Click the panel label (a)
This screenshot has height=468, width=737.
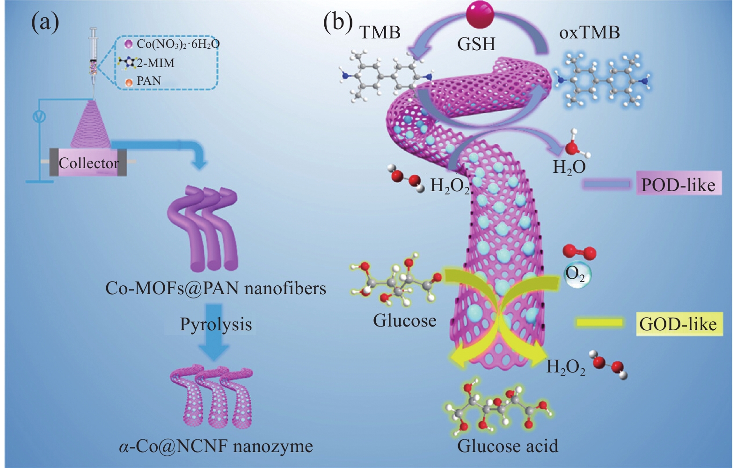pos(45,23)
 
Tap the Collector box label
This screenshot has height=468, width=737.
pos(88,163)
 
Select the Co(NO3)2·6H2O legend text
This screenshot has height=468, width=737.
pos(178,44)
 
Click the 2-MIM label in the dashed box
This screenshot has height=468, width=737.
pos(155,63)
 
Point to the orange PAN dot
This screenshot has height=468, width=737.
pos(129,82)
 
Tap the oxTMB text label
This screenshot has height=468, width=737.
pos(589,32)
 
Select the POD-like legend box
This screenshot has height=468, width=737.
pos(678,185)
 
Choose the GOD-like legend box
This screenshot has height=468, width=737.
pos(678,324)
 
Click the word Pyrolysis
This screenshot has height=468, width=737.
pos(216,324)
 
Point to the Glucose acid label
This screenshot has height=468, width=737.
pos(507,446)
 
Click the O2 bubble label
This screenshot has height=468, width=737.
pos(575,274)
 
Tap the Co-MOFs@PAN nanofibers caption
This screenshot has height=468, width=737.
pos(216,288)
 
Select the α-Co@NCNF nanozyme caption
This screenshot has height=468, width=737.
pos(216,446)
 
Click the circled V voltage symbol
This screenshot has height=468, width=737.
pos(39,116)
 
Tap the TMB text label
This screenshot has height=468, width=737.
pos(379,32)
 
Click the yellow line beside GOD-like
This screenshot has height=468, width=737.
pos(599,323)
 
